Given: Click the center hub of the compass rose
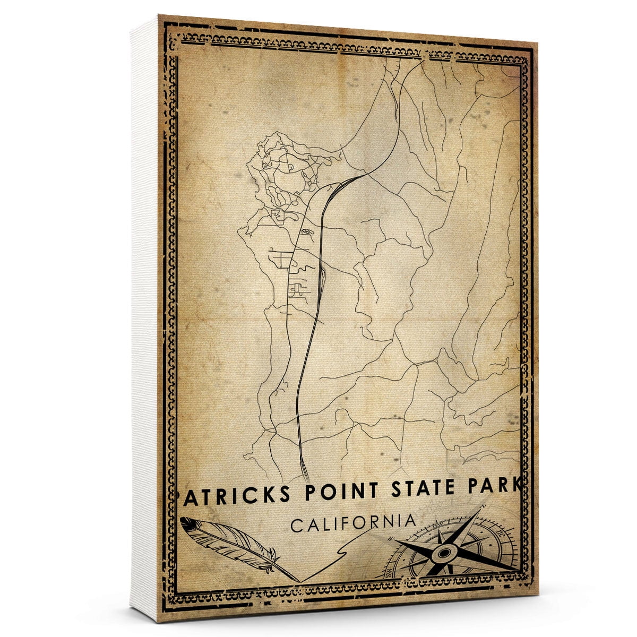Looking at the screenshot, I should click(x=443, y=554).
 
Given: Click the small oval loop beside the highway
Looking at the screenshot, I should click(x=306, y=232).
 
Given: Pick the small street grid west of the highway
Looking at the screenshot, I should click(x=281, y=260).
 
